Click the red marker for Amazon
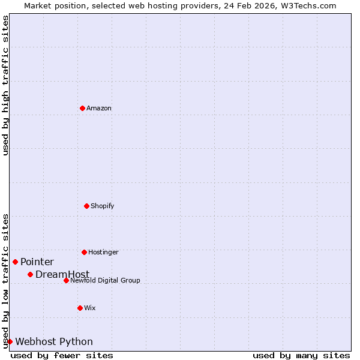[82, 108]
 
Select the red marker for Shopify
[86, 206]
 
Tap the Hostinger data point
[84, 252]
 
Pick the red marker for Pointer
[15, 262]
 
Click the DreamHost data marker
[30, 274]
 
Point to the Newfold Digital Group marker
[66, 280]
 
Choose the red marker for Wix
[80, 308]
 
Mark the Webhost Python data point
[10, 341]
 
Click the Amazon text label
[99, 109]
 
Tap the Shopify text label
[103, 206]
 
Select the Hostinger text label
[103, 253]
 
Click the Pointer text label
[37, 262]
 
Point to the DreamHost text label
[62, 275]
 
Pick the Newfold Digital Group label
[105, 281]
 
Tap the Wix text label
[90, 308]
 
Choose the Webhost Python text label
[54, 342]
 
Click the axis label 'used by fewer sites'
[62, 355]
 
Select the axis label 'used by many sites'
[301, 355]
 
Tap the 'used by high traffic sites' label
[6, 85]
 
